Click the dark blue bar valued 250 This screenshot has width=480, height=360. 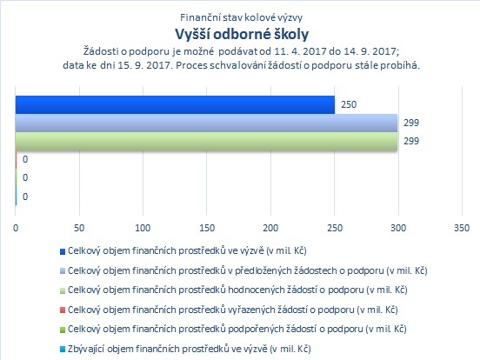[x=175, y=104]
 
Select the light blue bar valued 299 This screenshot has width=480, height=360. [x=206, y=123]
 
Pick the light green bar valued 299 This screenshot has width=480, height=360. [x=206, y=142]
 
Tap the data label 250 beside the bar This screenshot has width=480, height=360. [x=349, y=104]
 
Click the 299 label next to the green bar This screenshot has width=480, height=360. [x=410, y=141]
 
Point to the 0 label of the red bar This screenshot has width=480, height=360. [x=25, y=159]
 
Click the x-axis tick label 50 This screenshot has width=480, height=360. [x=79, y=228]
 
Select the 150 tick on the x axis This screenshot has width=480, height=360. [x=207, y=228]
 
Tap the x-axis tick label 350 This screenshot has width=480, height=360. [x=462, y=228]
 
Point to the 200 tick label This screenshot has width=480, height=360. [x=270, y=228]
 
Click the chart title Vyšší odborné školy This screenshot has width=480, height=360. [x=242, y=34]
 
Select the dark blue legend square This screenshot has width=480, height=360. [x=63, y=251]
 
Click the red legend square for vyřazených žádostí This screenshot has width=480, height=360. [x=63, y=310]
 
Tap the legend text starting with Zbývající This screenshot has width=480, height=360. [x=190, y=349]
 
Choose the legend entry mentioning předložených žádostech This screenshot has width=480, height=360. [x=247, y=270]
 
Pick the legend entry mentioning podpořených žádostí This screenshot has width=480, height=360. [x=237, y=329]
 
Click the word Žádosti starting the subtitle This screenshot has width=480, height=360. [x=101, y=50]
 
